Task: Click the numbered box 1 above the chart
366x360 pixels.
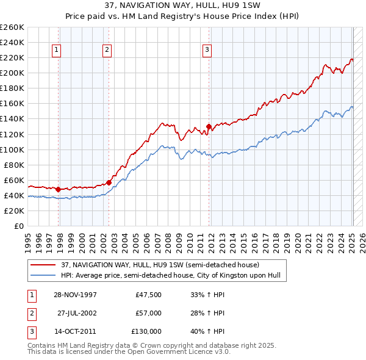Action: coord(56,50)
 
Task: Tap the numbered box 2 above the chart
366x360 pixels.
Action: coord(107,50)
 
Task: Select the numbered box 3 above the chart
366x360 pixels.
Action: coord(207,50)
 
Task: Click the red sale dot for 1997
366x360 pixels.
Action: coord(59,189)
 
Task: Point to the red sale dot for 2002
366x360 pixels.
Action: coord(109,182)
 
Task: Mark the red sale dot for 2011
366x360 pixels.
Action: coord(209,126)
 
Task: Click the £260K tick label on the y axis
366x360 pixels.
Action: coord(12,27)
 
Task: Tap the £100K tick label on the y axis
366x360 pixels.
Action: coord(12,149)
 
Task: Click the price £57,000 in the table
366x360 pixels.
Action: coord(148,313)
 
